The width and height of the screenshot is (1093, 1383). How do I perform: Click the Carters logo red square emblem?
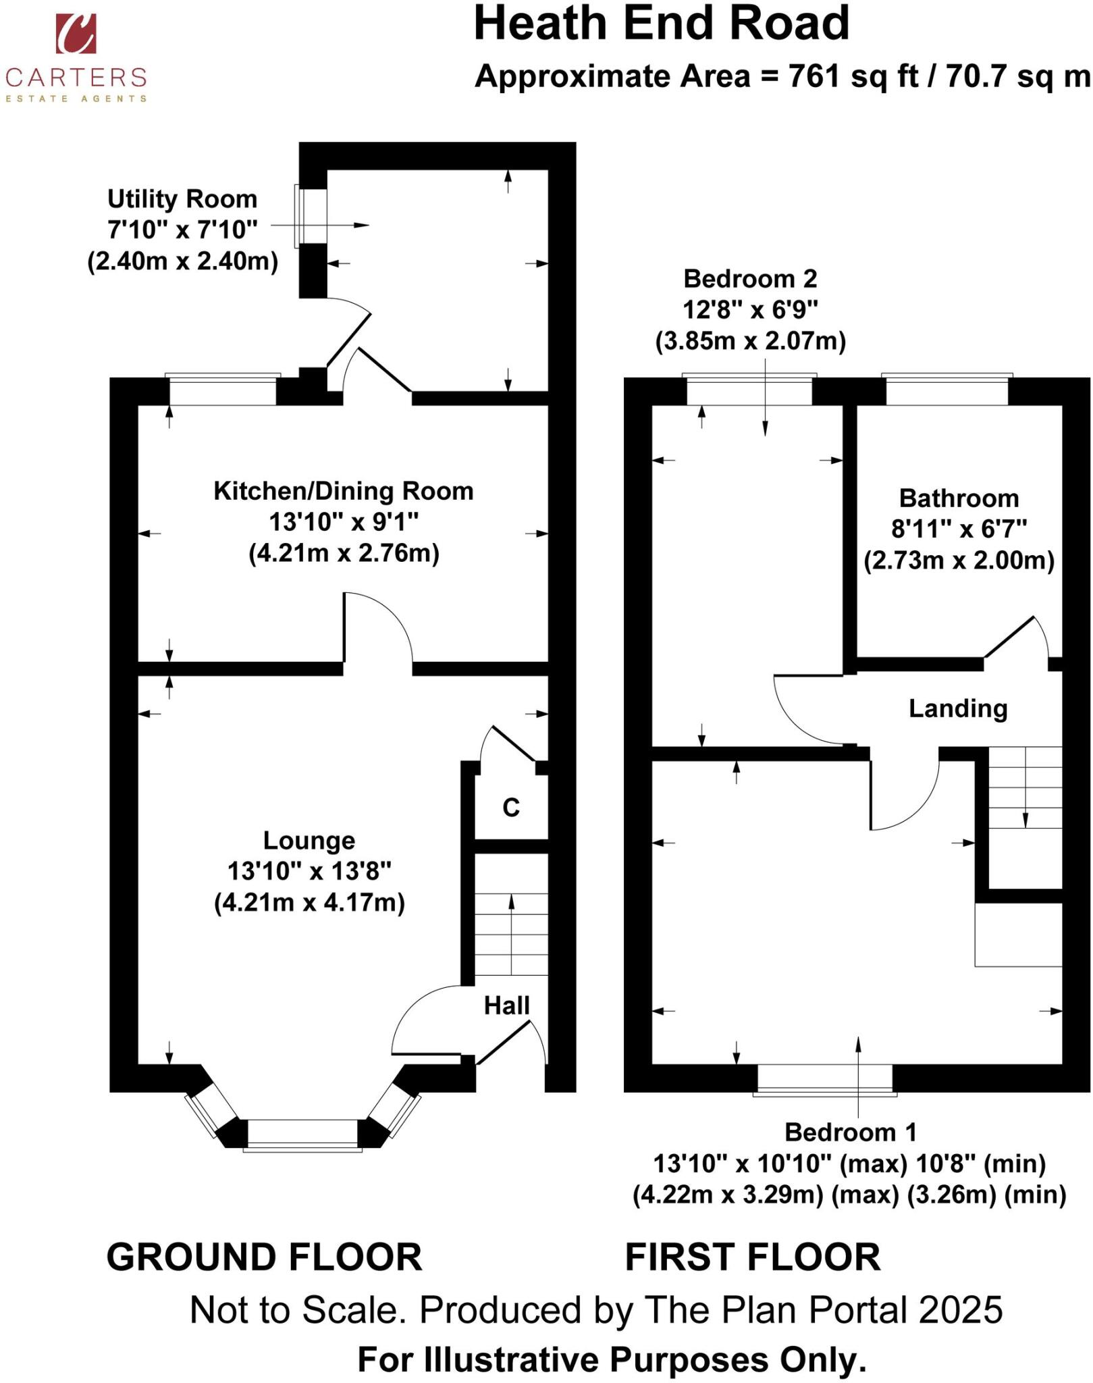pyautogui.click(x=76, y=33)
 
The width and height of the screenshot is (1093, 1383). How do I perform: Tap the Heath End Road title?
pyautogui.click(x=661, y=24)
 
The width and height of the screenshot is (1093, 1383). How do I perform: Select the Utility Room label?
pyautogui.click(x=182, y=199)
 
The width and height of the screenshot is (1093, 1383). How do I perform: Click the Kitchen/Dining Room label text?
pyautogui.click(x=344, y=491)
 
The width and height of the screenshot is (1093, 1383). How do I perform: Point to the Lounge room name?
pyautogui.click(x=309, y=840)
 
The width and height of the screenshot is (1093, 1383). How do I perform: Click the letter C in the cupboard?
pyautogui.click(x=511, y=807)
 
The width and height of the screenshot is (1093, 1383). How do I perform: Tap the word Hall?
pyautogui.click(x=507, y=1006)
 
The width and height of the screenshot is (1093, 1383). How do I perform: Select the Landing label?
pyautogui.click(x=958, y=708)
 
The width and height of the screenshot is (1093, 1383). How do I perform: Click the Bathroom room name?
pyautogui.click(x=959, y=498)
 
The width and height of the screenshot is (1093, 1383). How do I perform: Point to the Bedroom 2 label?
pyautogui.click(x=750, y=278)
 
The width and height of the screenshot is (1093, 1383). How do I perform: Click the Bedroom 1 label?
pyautogui.click(x=851, y=1132)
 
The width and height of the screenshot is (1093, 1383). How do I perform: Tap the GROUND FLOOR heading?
pyautogui.click(x=264, y=1257)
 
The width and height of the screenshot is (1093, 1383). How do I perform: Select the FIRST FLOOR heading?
pyautogui.click(x=753, y=1257)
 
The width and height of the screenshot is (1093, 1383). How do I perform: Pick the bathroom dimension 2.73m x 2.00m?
pyautogui.click(x=959, y=560)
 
